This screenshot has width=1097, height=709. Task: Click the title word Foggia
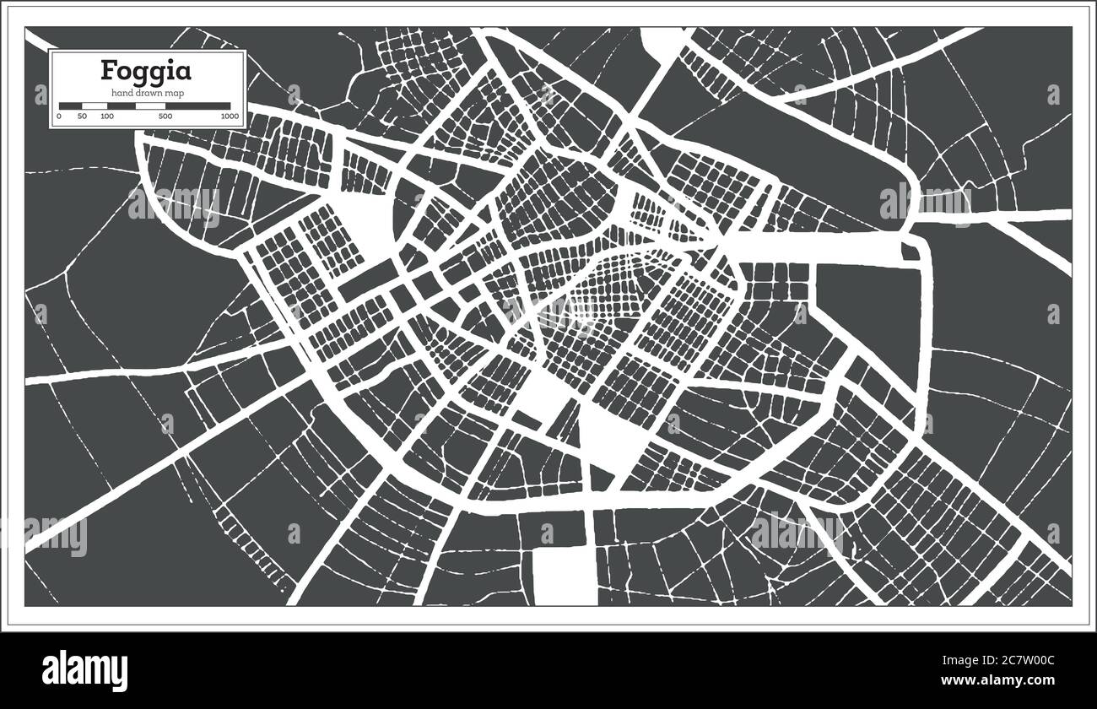click(147, 69)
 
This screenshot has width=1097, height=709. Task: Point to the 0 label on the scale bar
click(59, 116)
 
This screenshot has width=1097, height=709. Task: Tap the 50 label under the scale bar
click(82, 116)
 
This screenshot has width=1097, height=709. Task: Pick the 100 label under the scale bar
click(107, 116)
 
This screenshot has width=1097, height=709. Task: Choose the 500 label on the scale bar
click(165, 116)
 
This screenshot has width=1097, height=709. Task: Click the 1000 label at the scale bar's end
click(230, 116)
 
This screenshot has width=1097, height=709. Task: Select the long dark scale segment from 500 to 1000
click(197, 106)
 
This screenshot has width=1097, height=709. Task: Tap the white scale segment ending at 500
click(149, 106)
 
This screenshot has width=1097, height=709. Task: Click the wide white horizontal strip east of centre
click(810, 247)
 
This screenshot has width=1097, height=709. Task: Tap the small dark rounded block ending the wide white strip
click(910, 252)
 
